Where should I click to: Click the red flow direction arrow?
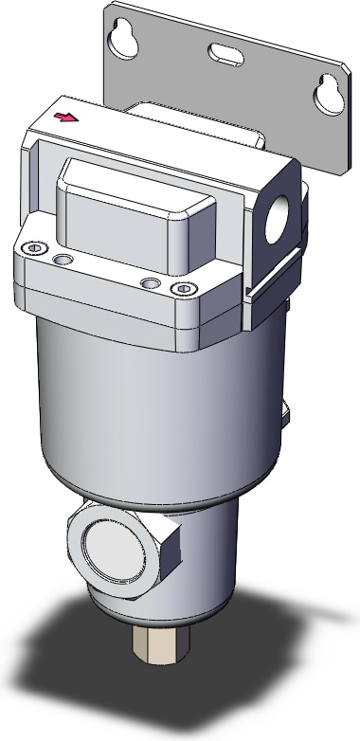[66, 118]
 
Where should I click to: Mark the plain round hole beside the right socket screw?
[149, 283]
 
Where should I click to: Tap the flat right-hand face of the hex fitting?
[168, 559]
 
